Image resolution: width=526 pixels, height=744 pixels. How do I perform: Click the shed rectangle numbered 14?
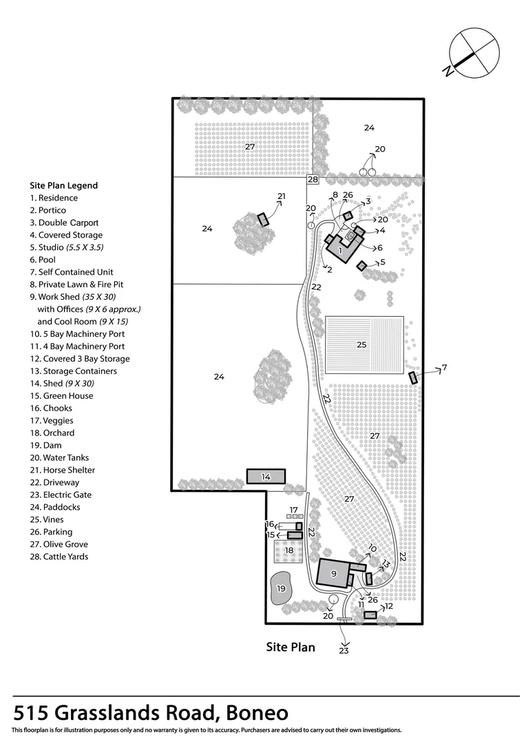266,477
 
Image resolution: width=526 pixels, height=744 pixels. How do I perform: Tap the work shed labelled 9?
333,574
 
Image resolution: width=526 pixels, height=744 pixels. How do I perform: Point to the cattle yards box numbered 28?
313,179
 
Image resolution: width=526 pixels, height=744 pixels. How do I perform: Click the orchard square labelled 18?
289,550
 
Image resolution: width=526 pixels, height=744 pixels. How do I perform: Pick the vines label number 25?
361,344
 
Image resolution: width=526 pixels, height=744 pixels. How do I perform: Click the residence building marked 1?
342,246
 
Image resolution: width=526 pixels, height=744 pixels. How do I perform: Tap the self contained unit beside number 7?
412,378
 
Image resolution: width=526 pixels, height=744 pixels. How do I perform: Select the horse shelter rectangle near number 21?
263,220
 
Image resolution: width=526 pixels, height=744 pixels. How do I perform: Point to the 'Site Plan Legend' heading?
63,185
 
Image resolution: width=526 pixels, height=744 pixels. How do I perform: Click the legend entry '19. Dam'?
45,445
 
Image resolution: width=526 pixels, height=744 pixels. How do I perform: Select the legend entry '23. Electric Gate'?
61,495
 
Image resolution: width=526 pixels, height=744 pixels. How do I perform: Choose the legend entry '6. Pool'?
43,260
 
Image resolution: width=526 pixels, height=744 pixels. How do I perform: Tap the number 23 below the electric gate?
344,650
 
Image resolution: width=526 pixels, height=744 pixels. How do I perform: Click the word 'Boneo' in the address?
257,713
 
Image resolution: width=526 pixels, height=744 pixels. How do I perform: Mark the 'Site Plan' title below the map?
291,647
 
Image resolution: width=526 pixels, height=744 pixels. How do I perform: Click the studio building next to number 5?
361,266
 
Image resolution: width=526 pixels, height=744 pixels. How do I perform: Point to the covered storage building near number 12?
370,615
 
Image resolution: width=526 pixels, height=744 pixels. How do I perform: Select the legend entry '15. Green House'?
61,395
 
